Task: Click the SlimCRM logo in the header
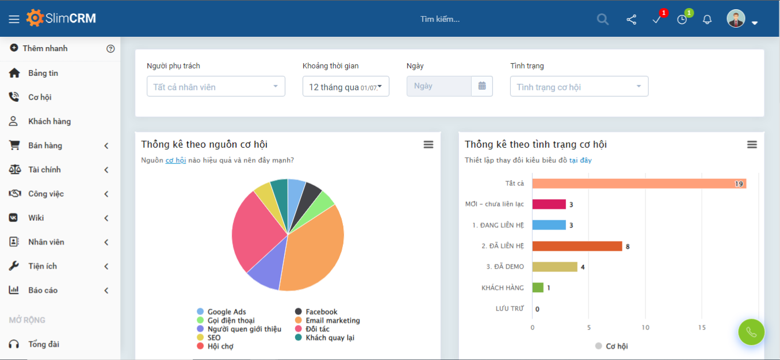[x=61, y=18]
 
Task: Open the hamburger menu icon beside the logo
[x=14, y=19]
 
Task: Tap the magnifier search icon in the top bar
[x=602, y=20]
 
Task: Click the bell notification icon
[x=707, y=20]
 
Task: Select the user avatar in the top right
[x=736, y=19]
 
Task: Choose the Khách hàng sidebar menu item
[x=49, y=121]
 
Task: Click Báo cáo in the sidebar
[x=43, y=290]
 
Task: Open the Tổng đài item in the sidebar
[x=44, y=344]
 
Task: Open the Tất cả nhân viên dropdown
[x=216, y=86]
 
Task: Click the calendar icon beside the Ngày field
[x=482, y=86]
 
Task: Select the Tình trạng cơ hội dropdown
[x=579, y=86]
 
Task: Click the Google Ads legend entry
[x=226, y=312]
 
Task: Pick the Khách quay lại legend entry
[x=329, y=338]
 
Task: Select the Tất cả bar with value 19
[x=638, y=183]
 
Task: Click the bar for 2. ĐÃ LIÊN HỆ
[x=577, y=246]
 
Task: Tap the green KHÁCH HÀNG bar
[x=538, y=288]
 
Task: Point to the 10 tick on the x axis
[x=645, y=328]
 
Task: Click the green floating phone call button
[x=751, y=332]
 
